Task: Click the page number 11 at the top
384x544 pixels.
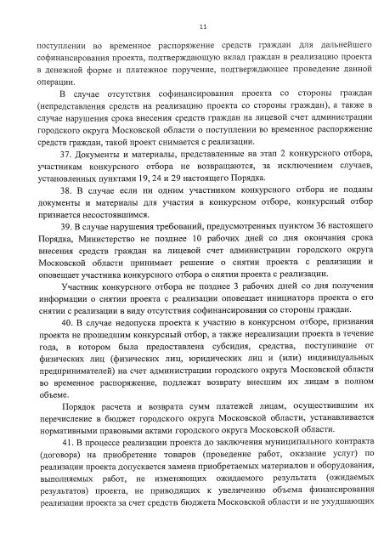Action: (x=191, y=15)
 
